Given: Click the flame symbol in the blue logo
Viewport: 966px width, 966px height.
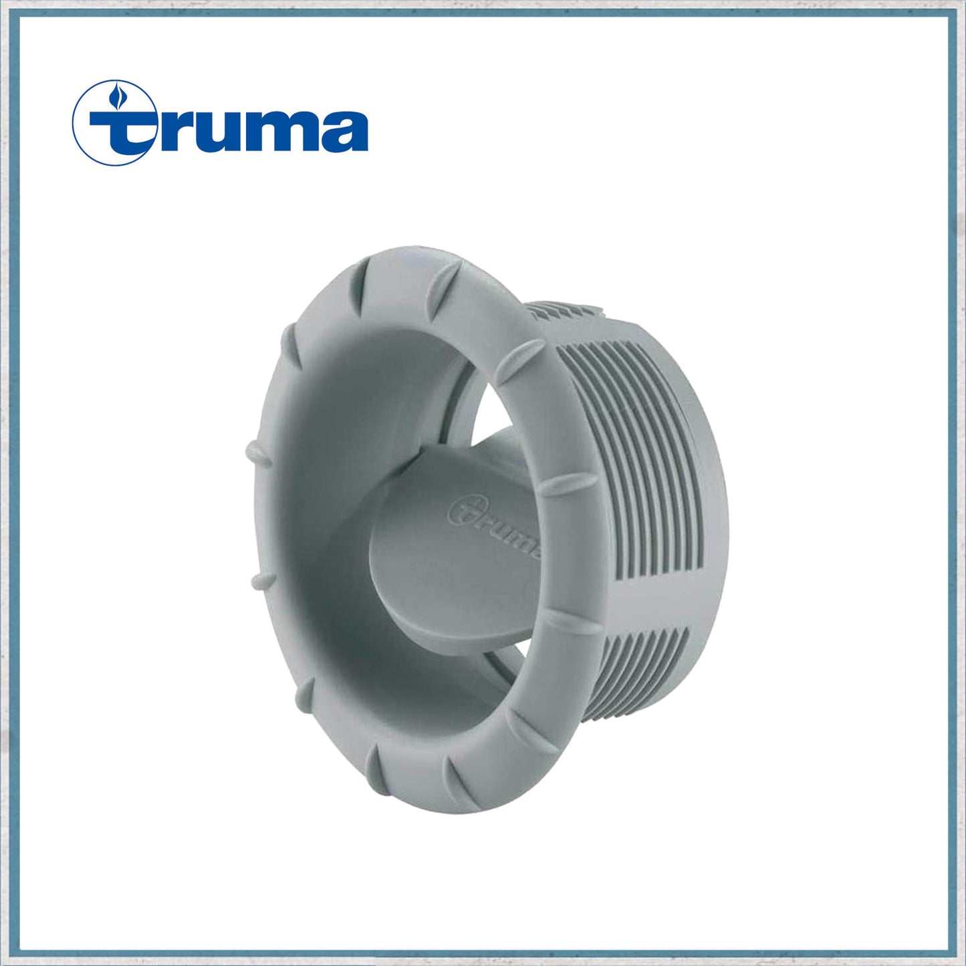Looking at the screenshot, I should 120,98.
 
